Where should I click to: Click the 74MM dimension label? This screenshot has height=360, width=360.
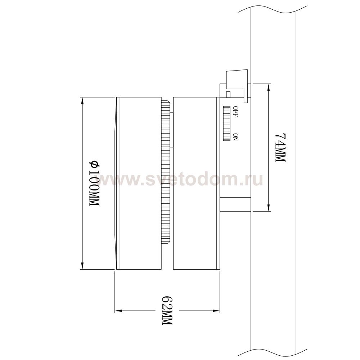pos(280,148)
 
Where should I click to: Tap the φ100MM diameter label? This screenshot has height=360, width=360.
pos(94,183)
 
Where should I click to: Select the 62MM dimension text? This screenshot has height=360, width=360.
pos(167,310)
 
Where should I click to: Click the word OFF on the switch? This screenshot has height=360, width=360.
pos(236,112)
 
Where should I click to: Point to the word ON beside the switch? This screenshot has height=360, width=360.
pos(236,137)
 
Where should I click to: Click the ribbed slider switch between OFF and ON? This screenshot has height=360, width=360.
pos(226,123)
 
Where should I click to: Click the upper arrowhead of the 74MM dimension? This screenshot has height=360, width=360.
pos(269,86)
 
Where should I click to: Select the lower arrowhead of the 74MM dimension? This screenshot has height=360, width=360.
pos(269,208)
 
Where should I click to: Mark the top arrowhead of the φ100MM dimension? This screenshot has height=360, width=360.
pos(82,100)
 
